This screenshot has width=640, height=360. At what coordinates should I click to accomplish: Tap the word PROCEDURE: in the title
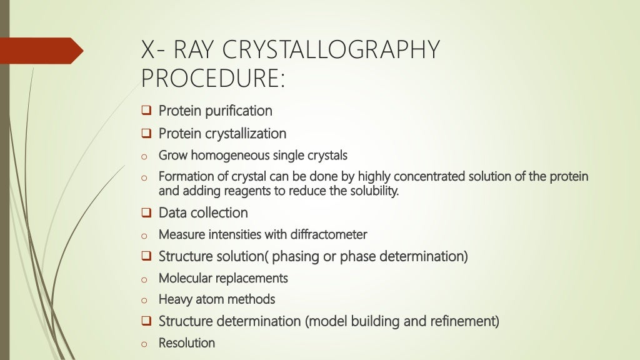pyautogui.click(x=213, y=78)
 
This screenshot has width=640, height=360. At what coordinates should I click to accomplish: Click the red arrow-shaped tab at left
pyautogui.click(x=41, y=50)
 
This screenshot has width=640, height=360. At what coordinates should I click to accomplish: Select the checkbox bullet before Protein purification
pyautogui.click(x=146, y=111)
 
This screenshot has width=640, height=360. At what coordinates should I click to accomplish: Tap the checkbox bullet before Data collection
pyautogui.click(x=146, y=213)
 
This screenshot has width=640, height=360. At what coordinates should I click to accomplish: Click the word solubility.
pyautogui.click(x=372, y=191)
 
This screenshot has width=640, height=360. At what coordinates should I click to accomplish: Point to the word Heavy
pyautogui.click(x=175, y=299)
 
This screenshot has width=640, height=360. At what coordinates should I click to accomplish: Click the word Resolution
pyautogui.click(x=187, y=343)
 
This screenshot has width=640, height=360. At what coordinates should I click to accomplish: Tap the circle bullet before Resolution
pyautogui.click(x=144, y=344)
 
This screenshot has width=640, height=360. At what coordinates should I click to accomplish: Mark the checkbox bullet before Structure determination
pyautogui.click(x=146, y=322)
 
